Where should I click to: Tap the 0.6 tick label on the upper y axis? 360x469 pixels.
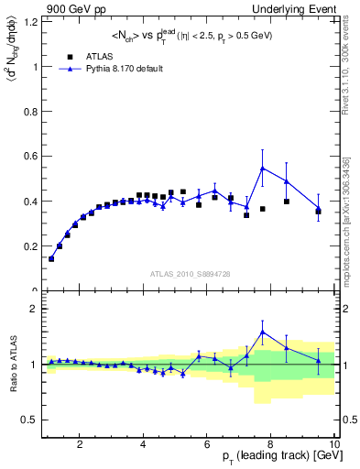29,157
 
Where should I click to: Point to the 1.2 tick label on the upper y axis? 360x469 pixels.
29,23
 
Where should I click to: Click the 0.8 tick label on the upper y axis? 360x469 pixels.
29,112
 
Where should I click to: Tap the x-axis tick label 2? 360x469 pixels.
80,444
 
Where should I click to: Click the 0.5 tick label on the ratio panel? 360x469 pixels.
29,420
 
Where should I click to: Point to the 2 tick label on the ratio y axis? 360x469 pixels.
34,309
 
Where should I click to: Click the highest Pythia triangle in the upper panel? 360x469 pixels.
263,169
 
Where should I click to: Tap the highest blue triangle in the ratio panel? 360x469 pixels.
263,333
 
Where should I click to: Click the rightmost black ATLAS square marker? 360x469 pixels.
319,212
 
